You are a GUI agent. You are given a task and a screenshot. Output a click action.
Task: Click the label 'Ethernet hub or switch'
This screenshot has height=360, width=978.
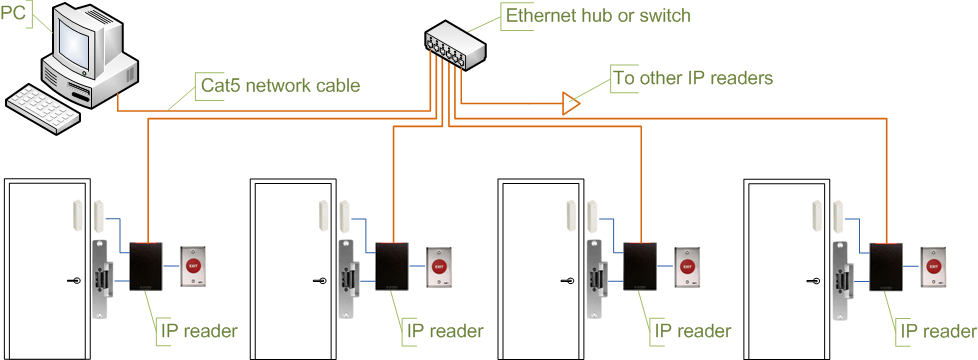tap(598, 15)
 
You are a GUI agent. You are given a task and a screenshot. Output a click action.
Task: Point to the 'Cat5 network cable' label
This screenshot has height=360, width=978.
tap(280, 84)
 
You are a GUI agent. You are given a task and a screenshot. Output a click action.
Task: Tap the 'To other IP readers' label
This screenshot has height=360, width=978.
tap(693, 78)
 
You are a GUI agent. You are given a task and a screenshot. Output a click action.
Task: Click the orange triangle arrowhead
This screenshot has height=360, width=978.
tap(570, 103)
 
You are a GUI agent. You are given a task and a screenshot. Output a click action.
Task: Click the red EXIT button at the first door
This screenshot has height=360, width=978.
tap(195, 266)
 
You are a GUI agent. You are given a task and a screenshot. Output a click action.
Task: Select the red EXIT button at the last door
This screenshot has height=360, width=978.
tap(934, 266)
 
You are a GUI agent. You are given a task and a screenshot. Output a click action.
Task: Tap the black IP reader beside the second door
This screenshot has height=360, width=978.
tap(392, 266)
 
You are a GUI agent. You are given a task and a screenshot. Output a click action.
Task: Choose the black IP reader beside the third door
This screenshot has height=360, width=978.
tap(640, 266)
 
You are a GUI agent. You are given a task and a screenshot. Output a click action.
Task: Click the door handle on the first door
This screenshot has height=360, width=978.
tap(74, 281)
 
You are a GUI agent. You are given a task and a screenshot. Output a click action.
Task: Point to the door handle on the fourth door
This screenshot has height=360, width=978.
tap(813, 281)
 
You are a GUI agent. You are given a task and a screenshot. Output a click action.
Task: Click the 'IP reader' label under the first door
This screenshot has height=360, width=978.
tap(198, 330)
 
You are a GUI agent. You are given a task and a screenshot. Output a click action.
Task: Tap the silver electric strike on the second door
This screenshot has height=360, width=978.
tap(348, 280)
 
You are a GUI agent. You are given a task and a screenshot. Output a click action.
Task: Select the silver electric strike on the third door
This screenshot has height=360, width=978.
tap(596, 280)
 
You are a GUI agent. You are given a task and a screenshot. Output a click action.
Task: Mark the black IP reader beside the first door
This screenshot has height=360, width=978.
tap(147, 266)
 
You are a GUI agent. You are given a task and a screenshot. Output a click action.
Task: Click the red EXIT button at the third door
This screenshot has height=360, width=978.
tap(687, 266)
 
